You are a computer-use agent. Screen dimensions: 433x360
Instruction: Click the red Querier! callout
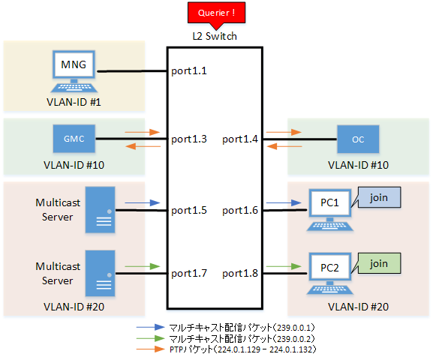click(216, 13)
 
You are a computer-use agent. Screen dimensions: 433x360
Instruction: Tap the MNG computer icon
click(74, 71)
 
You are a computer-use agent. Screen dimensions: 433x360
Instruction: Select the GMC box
click(74, 139)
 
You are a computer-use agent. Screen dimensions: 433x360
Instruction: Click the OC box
click(358, 139)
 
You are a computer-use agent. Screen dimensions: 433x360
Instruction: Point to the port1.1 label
click(189, 71)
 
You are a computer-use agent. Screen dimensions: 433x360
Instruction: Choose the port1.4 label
click(240, 139)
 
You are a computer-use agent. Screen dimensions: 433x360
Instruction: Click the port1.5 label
click(189, 210)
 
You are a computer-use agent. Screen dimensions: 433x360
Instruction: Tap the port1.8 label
click(240, 273)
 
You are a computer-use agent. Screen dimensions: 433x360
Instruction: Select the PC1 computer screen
click(329, 203)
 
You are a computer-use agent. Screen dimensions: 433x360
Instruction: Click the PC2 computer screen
click(329, 267)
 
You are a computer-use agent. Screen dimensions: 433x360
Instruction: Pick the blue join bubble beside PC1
click(377, 197)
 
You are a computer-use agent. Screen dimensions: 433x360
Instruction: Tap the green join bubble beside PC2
click(377, 263)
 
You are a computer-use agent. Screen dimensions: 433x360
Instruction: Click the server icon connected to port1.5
click(100, 210)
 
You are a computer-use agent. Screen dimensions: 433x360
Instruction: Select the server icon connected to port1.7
click(100, 273)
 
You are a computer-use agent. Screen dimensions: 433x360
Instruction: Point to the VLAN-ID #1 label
click(74, 102)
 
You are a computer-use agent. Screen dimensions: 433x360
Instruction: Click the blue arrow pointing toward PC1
click(284, 203)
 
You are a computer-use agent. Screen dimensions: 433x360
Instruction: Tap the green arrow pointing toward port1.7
click(143, 266)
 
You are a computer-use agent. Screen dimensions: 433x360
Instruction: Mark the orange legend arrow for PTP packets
click(151, 349)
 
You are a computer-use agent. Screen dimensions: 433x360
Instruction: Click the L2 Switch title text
click(215, 36)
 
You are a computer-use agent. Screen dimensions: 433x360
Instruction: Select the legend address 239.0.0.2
click(296, 338)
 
